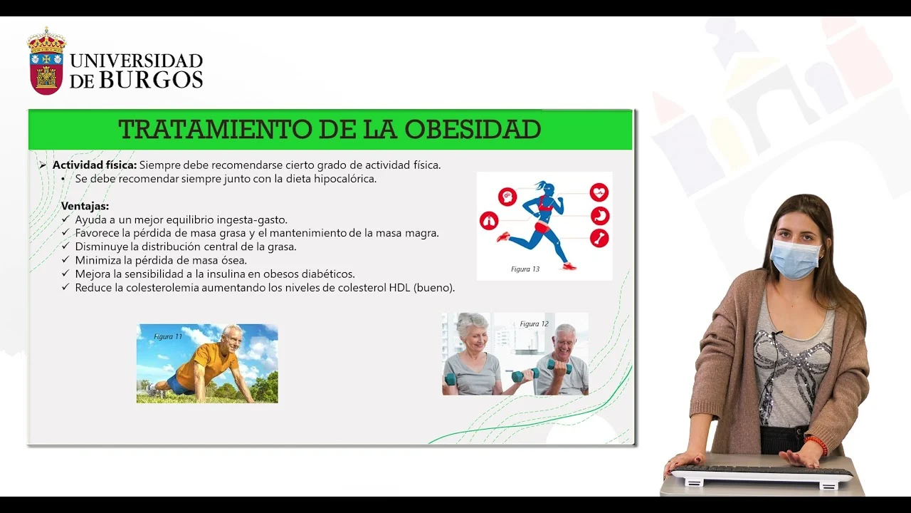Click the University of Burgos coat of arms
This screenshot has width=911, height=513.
coord(46,61)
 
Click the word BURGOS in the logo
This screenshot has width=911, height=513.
coord(151,79)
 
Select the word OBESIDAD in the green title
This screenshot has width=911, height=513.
coord(473,129)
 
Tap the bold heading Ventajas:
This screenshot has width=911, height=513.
coord(85,206)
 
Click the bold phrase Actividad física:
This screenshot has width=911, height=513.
coord(95,165)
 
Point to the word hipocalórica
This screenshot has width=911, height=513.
coord(345,179)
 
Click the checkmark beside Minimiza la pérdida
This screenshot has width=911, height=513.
coord(65,259)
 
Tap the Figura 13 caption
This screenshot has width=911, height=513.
coord(525,269)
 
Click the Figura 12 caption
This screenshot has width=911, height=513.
coord(534,324)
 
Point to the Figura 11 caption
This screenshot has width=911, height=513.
coord(168,337)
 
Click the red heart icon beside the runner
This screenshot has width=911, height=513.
coord(599,192)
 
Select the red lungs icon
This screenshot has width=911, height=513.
coord(489,221)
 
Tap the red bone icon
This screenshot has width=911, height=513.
coord(599,238)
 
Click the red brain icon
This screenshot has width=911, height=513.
coord(507,197)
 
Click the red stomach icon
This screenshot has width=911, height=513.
coord(600,216)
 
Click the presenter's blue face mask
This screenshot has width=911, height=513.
coord(795,259)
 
